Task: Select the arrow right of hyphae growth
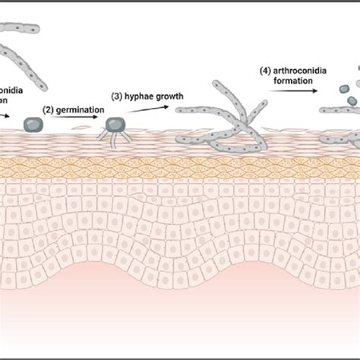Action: pyautogui.click(x=144, y=109)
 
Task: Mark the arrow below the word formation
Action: pyautogui.click(x=292, y=91)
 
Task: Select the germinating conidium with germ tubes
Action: pyautogui.click(x=116, y=127)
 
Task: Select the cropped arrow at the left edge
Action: pyautogui.click(x=4, y=116)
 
